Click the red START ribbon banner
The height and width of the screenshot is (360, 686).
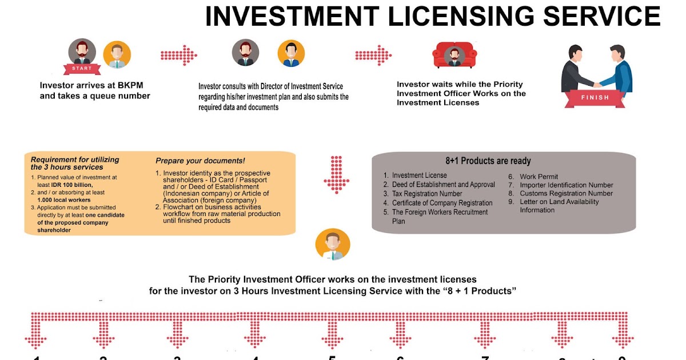[x=82, y=69]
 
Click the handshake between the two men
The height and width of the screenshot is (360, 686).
[x=597, y=85]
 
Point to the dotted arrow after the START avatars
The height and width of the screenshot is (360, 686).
[x=178, y=55]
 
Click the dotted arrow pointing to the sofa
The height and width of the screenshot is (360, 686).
[x=373, y=55]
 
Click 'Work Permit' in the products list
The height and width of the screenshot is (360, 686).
[x=539, y=177]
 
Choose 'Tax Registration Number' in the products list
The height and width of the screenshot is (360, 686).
[x=426, y=194]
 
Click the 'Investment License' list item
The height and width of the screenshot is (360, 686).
[x=419, y=175]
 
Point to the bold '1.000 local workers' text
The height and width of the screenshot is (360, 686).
[x=63, y=200]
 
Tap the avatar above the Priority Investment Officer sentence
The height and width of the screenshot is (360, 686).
[x=332, y=245]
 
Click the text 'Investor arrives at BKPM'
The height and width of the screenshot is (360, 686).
[x=91, y=86]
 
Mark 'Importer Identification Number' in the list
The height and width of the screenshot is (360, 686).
[x=566, y=185]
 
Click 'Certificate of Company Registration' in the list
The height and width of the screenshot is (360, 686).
[x=442, y=203]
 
